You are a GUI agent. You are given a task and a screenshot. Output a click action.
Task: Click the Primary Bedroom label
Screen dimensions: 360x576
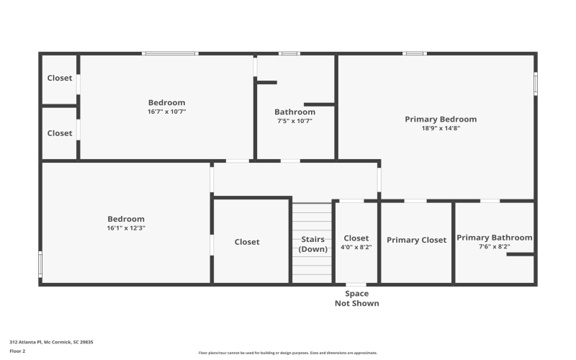(x=440, y=120)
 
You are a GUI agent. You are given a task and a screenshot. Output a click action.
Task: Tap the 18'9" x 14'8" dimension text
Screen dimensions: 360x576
(x=440, y=128)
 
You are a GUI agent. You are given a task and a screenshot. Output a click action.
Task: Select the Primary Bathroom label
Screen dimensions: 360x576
(x=494, y=238)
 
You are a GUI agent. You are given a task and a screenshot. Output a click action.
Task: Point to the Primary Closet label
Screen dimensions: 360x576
(x=416, y=240)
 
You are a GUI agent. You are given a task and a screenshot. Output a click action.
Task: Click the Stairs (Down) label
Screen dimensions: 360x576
(x=312, y=244)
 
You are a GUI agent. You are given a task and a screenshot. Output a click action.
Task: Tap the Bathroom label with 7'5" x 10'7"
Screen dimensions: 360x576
(x=294, y=112)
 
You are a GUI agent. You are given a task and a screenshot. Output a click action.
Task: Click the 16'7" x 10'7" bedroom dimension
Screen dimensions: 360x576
(x=166, y=112)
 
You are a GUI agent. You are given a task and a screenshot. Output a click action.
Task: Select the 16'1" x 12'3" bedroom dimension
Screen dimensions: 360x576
(x=126, y=228)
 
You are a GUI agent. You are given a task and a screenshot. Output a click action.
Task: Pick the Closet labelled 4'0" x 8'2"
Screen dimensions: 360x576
(x=356, y=238)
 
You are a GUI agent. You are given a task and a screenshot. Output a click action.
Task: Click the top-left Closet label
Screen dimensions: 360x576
(x=60, y=78)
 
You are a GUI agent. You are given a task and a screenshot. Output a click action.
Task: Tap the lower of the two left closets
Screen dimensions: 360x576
(x=60, y=133)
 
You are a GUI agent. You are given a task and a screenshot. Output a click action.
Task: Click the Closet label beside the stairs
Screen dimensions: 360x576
(x=247, y=242)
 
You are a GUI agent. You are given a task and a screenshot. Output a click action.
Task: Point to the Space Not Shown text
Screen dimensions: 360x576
(x=356, y=298)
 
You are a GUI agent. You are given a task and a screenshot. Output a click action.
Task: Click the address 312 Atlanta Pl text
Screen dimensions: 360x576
(x=51, y=342)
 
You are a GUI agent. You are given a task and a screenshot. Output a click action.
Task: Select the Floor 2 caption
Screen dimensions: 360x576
(x=17, y=351)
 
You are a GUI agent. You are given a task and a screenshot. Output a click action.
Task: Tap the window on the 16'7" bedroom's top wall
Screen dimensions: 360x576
(x=170, y=53)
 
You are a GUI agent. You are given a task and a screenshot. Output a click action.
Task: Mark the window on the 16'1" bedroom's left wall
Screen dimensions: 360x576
(x=40, y=264)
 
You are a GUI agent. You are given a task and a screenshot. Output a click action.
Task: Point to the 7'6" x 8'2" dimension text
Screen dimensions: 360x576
(x=494, y=246)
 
